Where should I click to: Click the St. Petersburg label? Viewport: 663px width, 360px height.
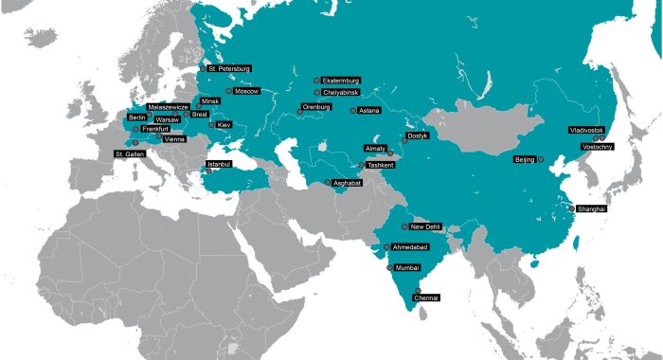pos(229,68)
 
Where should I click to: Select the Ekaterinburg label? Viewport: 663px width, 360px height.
pos(340,81)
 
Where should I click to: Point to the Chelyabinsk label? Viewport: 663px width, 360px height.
pos(340,93)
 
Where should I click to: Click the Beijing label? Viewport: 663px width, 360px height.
pos(524,159)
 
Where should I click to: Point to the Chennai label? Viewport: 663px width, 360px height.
pos(426,297)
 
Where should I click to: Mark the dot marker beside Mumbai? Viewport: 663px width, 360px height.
pos(389,268)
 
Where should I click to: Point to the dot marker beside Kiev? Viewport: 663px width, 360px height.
pos(212,124)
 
